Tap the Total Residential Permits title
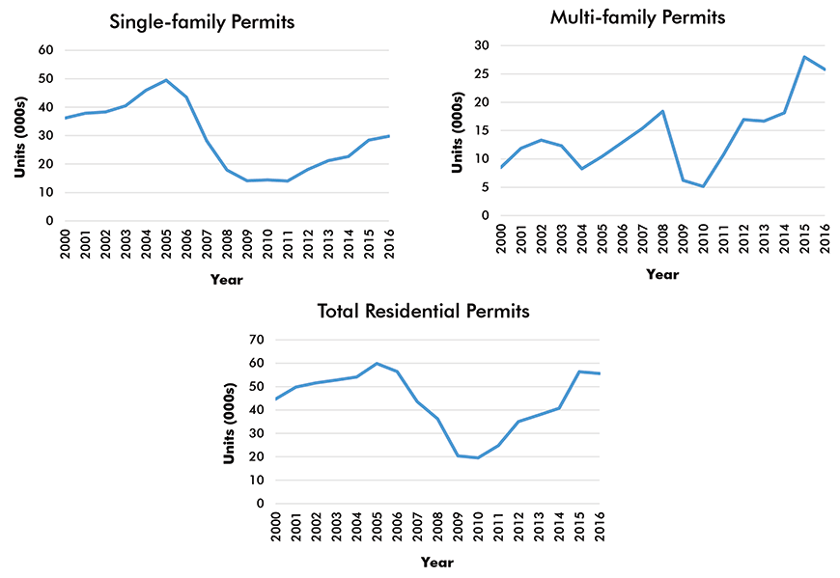point(424,311)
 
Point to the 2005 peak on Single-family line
point(166,80)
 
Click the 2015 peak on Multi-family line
point(804,57)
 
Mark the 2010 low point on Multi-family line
point(703,186)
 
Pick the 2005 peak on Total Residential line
point(376,364)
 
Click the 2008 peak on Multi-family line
point(662,111)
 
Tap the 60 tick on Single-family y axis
point(44,50)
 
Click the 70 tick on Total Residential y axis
point(256,340)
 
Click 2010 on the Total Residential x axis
point(477,528)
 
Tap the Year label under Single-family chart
point(227,280)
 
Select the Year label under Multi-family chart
point(662,274)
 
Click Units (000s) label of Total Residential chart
point(231,421)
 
